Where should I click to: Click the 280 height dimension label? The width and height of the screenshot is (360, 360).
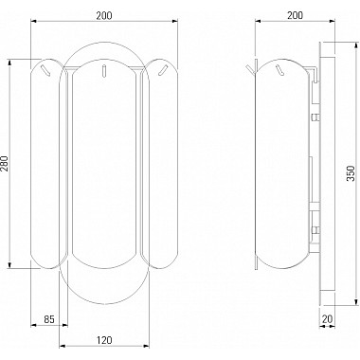click(x=4, y=164)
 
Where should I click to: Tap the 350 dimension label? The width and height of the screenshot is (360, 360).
click(x=351, y=173)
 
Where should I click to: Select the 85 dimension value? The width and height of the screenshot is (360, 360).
click(x=49, y=319)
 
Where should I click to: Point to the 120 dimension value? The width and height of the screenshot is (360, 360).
click(x=104, y=340)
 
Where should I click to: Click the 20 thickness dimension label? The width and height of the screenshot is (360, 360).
click(x=328, y=319)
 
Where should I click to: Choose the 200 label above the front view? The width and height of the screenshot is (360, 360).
click(x=104, y=15)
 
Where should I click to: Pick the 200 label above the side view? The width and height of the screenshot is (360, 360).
click(x=295, y=15)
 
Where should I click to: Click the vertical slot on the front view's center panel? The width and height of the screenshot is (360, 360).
click(x=103, y=70)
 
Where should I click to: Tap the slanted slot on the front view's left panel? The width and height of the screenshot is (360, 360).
click(x=45, y=70)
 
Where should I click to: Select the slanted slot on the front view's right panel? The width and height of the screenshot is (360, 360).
click(x=163, y=70)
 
